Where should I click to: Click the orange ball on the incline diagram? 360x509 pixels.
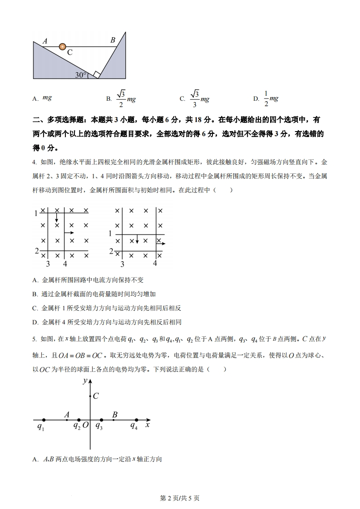(x=63, y=46)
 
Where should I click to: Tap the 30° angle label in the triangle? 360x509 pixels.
(x=81, y=75)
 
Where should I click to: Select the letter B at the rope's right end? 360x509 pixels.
(x=113, y=40)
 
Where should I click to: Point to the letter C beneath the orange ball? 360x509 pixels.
(x=70, y=53)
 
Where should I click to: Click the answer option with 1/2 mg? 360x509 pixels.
(x=266, y=98)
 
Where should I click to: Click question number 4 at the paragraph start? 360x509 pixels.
(x=35, y=162)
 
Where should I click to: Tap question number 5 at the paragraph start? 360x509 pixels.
(x=35, y=338)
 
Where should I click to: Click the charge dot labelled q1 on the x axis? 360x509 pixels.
(x=43, y=420)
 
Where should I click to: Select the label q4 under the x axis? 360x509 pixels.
(x=134, y=427)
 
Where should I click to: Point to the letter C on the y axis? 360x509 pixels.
(x=96, y=396)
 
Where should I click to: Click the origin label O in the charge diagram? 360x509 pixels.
(x=85, y=426)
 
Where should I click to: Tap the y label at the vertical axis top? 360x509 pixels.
(x=84, y=381)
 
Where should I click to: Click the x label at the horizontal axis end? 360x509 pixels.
(x=148, y=426)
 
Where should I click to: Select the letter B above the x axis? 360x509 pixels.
(x=115, y=414)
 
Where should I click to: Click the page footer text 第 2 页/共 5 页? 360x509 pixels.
(x=180, y=498)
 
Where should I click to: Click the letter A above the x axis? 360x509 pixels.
(x=67, y=414)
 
